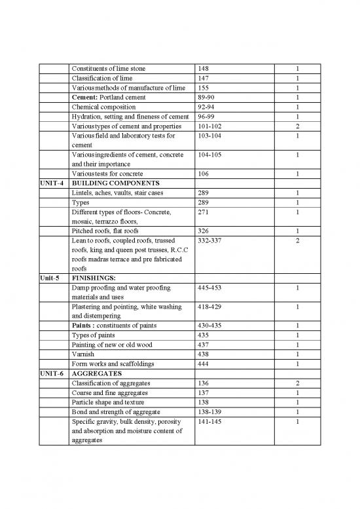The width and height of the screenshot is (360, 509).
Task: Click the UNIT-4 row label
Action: [x=52, y=183]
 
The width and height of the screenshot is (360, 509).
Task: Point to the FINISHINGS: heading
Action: [x=94, y=277]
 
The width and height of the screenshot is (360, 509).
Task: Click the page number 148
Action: [x=204, y=69]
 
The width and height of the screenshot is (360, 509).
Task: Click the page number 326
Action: [x=204, y=231]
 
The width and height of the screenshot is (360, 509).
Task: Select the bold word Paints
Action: [x=83, y=326]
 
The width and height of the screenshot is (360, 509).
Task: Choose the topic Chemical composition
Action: [x=103, y=107]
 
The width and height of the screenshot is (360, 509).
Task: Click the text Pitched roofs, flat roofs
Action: [x=105, y=231]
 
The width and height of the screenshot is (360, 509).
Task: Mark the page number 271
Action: [x=204, y=212]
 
